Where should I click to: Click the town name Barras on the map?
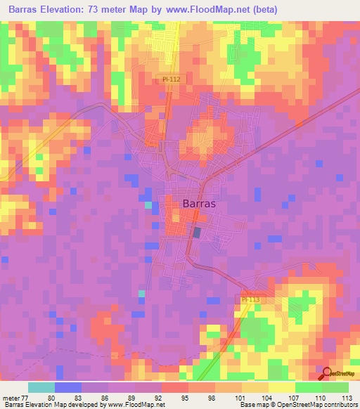pyautogui.click(x=199, y=203)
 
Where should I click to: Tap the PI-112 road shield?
pyautogui.click(x=169, y=79)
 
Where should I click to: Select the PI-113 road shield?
pyautogui.click(x=250, y=299)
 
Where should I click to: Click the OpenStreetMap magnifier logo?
pyautogui.click(x=328, y=374)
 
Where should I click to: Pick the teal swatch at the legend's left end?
pyautogui.click(x=41, y=387)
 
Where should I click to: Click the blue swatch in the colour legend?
pyautogui.click(x=67, y=387)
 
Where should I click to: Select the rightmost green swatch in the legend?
pyautogui.click(x=335, y=387)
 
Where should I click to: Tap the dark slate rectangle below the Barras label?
pyautogui.click(x=197, y=232)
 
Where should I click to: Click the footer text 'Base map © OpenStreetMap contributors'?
pyautogui.click(x=297, y=404)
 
